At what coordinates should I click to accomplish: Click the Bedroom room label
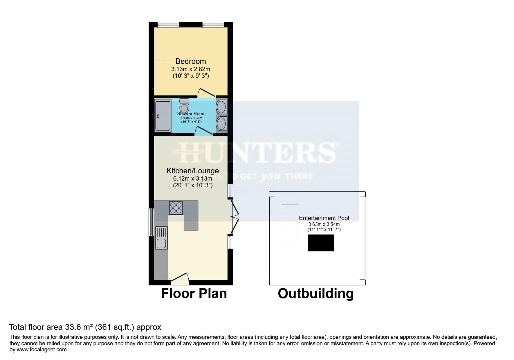[190, 61]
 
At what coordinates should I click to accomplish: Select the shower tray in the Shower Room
[163, 115]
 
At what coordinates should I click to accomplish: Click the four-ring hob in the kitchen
[176, 208]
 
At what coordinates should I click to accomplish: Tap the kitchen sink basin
[161, 243]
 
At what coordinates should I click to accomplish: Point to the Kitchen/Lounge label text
[192, 171]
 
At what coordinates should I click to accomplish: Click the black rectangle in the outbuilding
[321, 243]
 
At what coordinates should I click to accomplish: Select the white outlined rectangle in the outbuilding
[290, 222]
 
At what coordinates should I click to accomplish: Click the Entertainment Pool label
[324, 218]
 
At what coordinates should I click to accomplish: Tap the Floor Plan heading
[194, 294]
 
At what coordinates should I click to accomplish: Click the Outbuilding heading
[315, 294]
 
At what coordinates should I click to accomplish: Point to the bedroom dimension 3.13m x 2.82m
[190, 69]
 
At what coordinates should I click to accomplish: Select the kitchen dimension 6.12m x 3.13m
[192, 178]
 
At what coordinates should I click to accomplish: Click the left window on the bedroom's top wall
[168, 24]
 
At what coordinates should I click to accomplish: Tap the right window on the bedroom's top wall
[213, 24]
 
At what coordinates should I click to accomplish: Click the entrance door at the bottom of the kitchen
[180, 278]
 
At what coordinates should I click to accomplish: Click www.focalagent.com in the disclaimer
[42, 350]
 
